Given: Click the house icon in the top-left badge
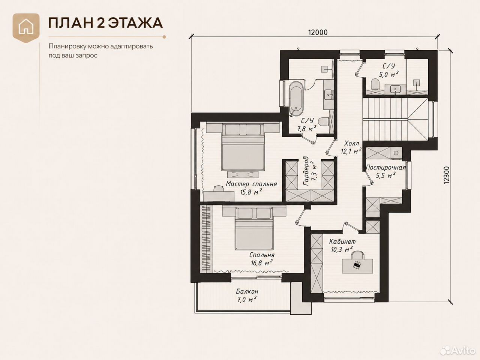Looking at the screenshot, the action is pos(26,27).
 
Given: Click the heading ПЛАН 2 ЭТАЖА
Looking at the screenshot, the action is pos(105,23).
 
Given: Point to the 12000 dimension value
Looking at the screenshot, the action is pos(318,32).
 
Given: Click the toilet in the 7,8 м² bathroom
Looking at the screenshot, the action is pos(324,122).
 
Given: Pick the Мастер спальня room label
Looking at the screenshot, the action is pos(251,184).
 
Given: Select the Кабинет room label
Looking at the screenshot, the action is pos(342,241).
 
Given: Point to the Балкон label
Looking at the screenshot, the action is pos(247,291).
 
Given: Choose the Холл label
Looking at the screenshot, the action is pos(352,143).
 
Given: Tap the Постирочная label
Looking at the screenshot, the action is pos(386,167).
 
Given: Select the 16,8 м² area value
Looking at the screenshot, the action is pos(261,263).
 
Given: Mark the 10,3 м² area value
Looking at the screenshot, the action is pos(342,249).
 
